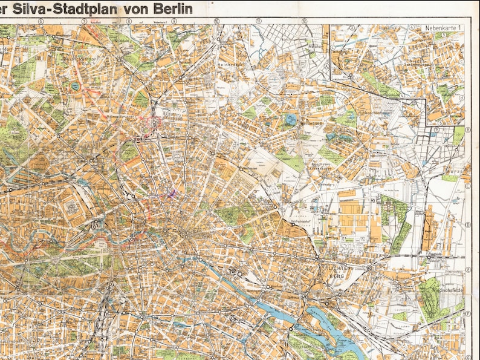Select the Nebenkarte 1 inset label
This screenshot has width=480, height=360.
coord(443,28)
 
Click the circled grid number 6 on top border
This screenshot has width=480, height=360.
coord(41,21)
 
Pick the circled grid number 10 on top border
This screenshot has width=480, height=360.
coord(216,21)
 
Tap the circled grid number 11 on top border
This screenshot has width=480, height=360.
coord(259,21)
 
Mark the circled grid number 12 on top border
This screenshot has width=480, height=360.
coord(304,21)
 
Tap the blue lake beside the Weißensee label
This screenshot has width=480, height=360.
coord(291,119)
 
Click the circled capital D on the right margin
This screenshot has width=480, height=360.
coord(468,225)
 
